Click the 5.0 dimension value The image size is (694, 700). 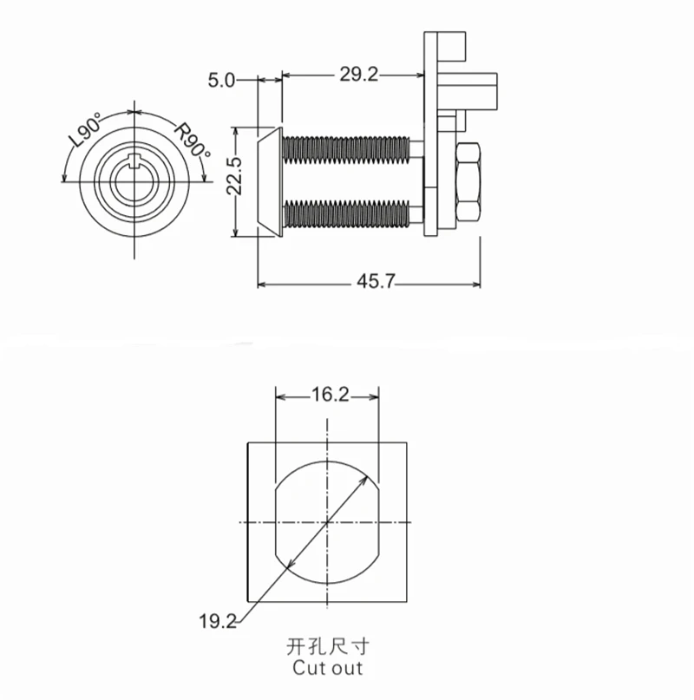coord(221,81)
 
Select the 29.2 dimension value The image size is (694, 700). coord(358,74)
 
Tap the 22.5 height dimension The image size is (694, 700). coord(234,176)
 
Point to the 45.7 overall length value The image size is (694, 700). coord(376,281)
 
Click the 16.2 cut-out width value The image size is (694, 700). coord(330,395)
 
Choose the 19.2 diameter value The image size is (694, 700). coord(218,621)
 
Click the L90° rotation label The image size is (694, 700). coord(87,130)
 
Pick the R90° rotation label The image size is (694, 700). coord(192,140)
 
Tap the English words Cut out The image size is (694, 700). coord(327,668)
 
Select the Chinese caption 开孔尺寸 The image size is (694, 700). coord(328,646)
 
